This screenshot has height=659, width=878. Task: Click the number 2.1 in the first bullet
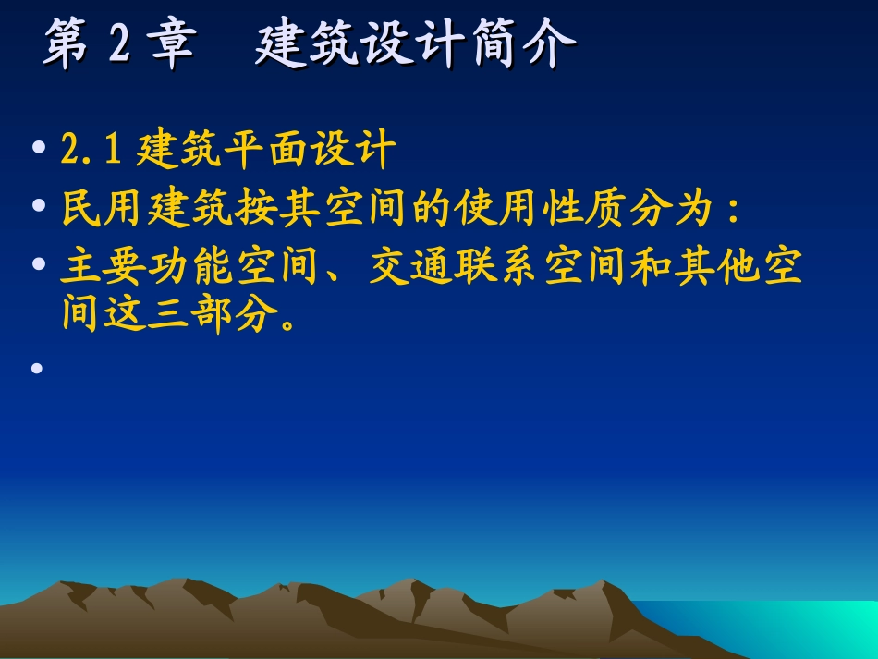91,150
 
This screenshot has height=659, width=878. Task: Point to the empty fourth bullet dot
37,368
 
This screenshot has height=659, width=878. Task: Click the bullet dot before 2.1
37,150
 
